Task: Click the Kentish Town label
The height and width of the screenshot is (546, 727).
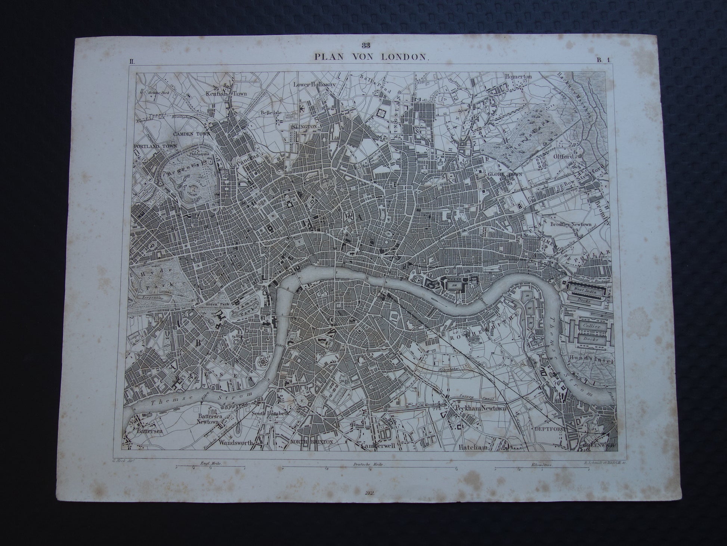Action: point(226,93)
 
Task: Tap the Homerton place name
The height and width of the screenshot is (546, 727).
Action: point(518,76)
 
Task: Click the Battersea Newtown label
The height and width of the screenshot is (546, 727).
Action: point(208,419)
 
